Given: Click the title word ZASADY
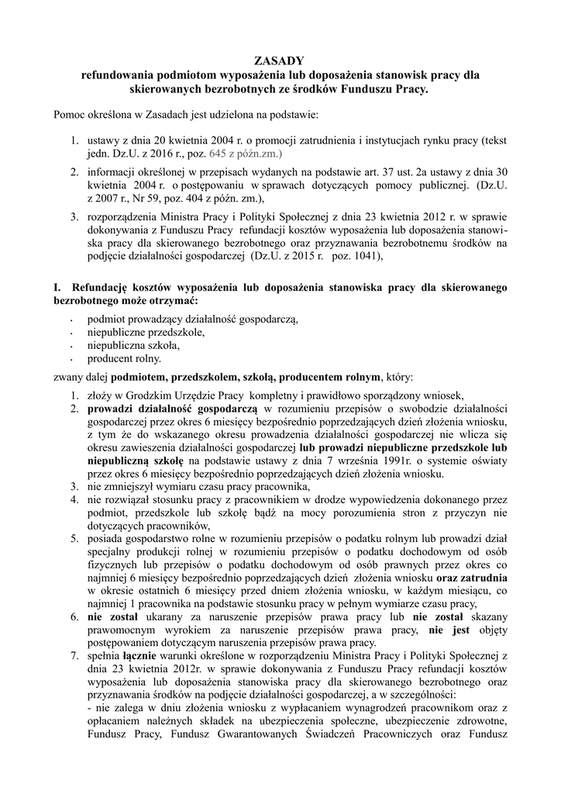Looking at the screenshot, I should pyautogui.click(x=280, y=61).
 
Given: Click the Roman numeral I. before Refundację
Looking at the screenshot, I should pyautogui.click(x=57, y=287).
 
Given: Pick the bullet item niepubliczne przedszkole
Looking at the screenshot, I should pyautogui.click(x=146, y=332).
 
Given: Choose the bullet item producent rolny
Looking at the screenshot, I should pyautogui.click(x=124, y=358).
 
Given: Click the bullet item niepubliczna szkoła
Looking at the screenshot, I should pyautogui.click(x=134, y=345).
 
